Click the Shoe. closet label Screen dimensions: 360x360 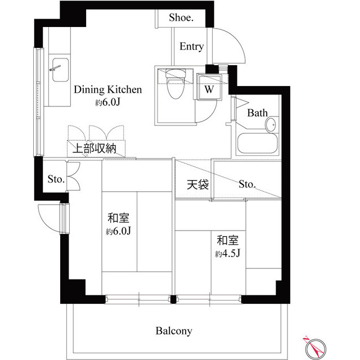[x=181, y=17]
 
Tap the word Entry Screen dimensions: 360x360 [x=191, y=47]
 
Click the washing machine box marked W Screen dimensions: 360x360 [x=209, y=87]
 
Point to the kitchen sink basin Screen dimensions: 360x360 [x=60, y=70]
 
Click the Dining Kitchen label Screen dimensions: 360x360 [x=107, y=89]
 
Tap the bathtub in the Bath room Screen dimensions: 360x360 [x=257, y=143]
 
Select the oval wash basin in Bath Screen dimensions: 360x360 [x=271, y=125]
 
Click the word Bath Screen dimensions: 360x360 [x=258, y=112]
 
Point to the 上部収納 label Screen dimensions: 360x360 [x=94, y=148]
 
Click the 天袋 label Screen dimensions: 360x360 [x=197, y=184]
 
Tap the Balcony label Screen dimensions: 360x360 [x=174, y=331]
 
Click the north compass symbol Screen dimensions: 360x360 [x=316, y=348]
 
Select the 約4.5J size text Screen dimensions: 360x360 [x=228, y=253]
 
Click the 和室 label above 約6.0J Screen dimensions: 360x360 [x=119, y=218]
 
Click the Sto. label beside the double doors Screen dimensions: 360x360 [x=56, y=179]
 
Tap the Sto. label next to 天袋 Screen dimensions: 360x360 [x=247, y=184]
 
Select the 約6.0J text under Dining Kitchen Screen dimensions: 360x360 [x=107, y=102]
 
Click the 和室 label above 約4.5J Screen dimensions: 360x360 [x=228, y=240]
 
